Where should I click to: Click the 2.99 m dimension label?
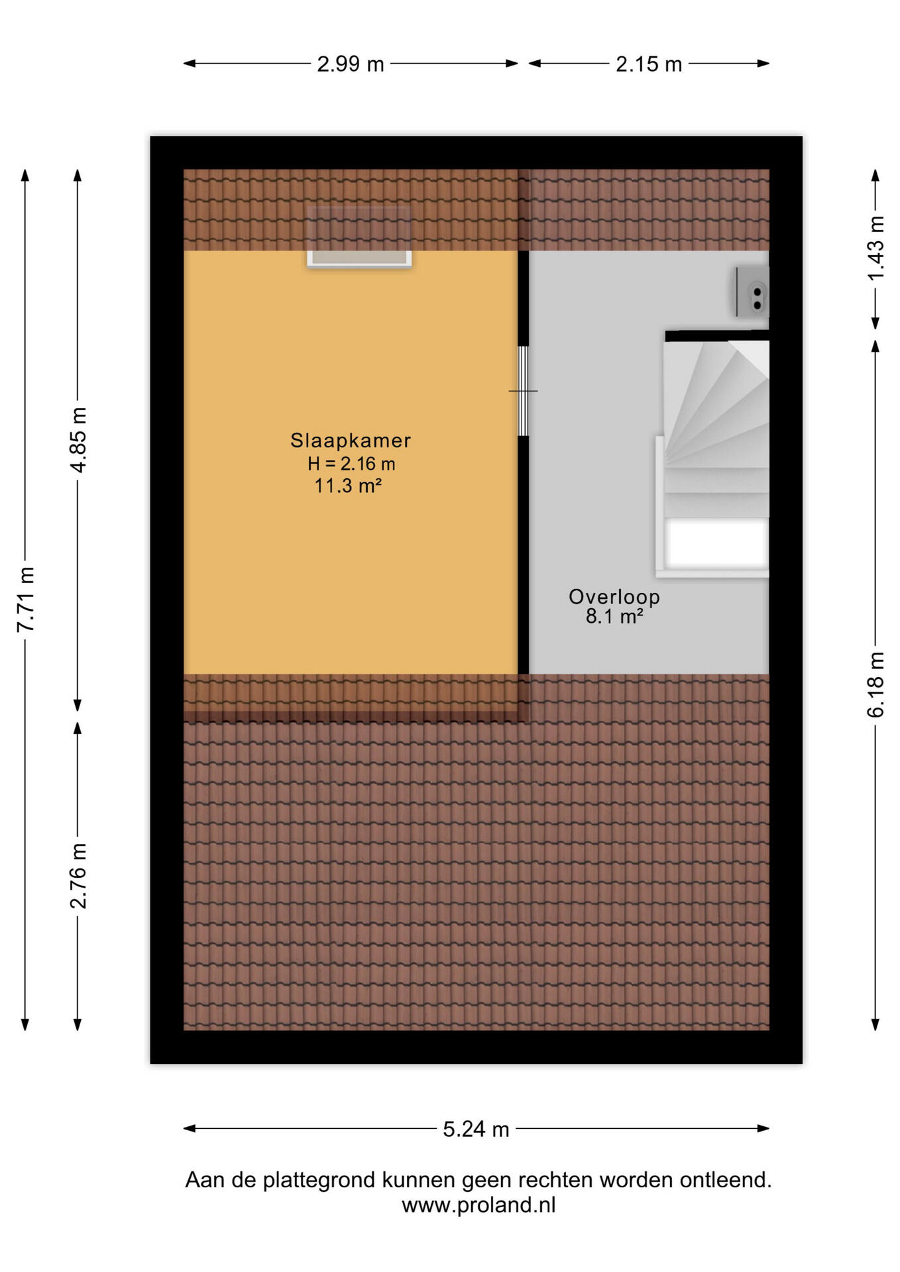[350, 64]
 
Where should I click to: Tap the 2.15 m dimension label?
[648, 64]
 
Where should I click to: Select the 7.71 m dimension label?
[25, 600]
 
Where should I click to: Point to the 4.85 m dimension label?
[78, 440]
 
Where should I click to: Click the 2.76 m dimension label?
[78, 876]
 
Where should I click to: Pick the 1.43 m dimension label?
[875, 248]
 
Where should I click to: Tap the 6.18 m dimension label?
[875, 684]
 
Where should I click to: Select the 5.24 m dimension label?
[476, 1129]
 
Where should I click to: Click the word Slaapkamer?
[351, 441]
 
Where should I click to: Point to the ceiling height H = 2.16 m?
[351, 464]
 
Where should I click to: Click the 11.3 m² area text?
[348, 486]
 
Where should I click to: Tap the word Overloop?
[614, 596]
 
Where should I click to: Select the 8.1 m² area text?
[614, 617]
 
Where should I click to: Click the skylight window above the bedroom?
[359, 237]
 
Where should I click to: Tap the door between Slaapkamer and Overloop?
[523, 391]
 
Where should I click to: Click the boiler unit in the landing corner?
[753, 291]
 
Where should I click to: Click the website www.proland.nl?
[478, 1204]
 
